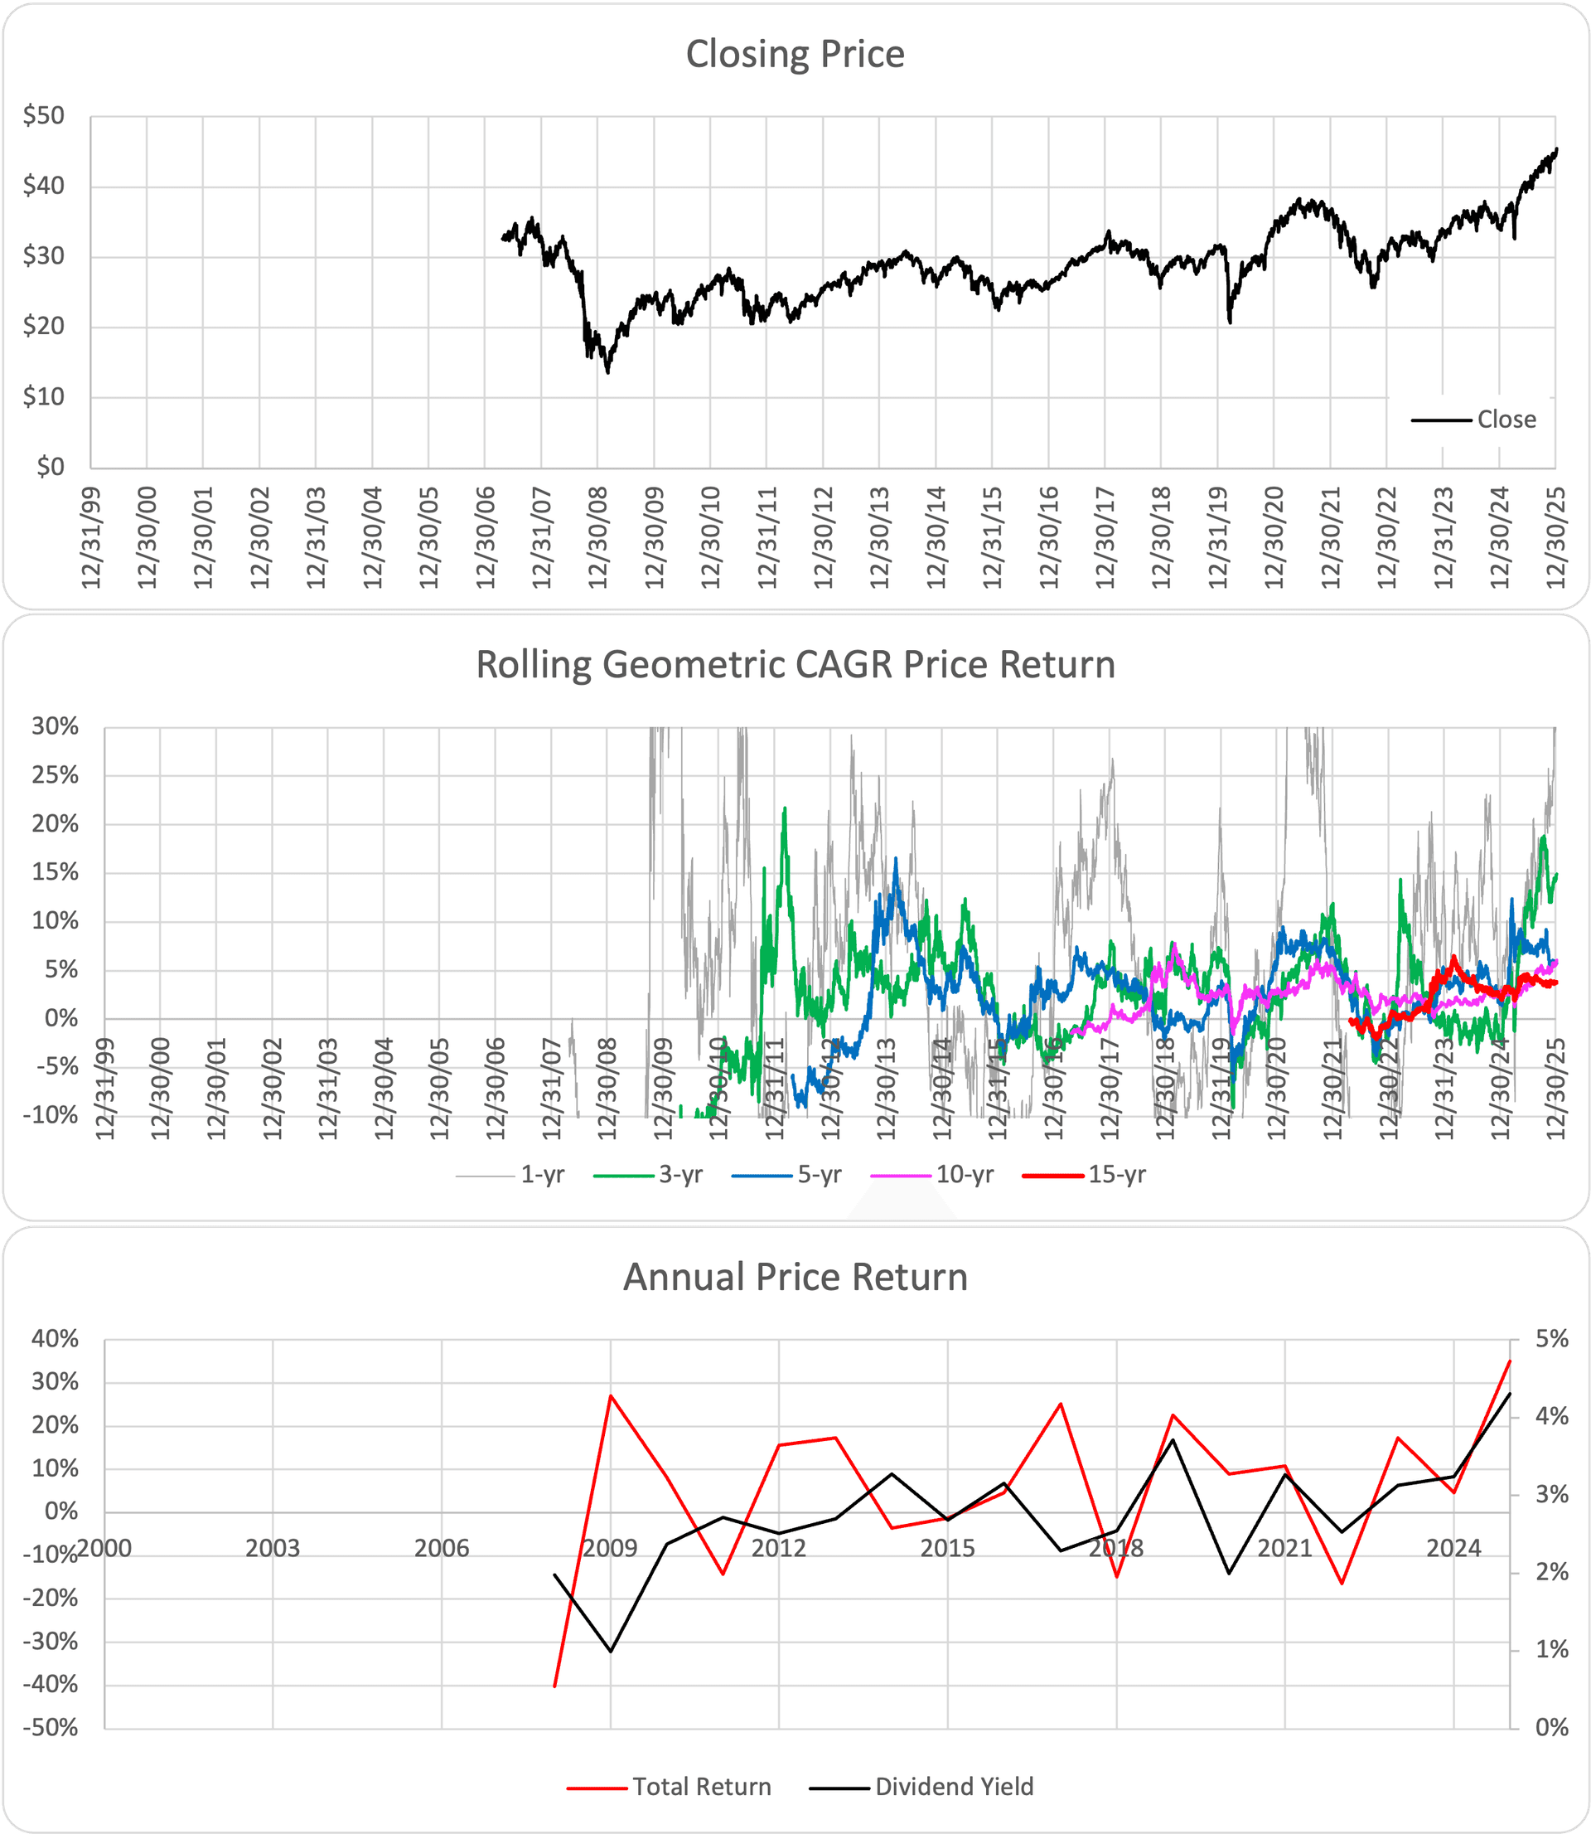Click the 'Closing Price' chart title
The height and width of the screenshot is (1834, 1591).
[795, 54]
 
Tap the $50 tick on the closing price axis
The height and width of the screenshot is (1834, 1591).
[45, 115]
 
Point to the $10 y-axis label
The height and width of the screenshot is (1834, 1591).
[45, 397]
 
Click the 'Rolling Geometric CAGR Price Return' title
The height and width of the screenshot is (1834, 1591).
[795, 665]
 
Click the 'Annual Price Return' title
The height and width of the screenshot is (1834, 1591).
[795, 1277]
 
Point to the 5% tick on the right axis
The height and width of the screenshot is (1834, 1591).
[1552, 1338]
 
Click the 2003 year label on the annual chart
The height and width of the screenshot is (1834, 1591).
[273, 1549]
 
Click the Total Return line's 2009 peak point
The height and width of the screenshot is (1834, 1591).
[611, 1395]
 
